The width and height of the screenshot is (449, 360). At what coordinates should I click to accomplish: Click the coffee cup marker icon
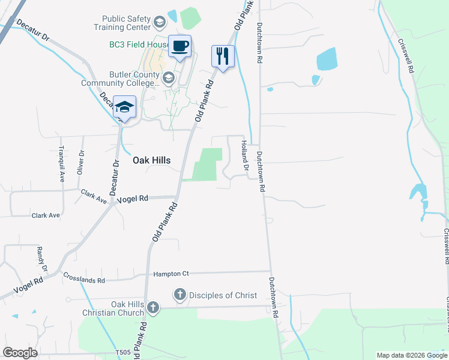point(180,46)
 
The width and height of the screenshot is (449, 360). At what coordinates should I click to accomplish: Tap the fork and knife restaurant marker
point(223,56)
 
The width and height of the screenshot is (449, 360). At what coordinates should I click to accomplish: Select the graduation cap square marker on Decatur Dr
point(124,107)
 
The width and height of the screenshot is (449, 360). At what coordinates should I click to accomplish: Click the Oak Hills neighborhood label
point(151,160)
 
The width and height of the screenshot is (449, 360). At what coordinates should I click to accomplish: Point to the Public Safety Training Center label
point(122,23)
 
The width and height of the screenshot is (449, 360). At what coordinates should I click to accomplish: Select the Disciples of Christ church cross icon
point(179,295)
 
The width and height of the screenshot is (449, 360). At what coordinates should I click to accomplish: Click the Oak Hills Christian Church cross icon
point(153,308)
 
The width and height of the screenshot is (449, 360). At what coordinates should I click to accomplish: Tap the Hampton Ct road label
point(171,274)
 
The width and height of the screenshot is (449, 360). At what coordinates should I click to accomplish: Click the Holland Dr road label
point(244,154)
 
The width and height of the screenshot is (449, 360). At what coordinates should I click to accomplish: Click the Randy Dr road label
point(41,257)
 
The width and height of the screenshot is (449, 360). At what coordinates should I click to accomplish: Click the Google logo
point(20,353)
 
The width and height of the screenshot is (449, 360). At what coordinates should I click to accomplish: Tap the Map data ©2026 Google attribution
point(411,355)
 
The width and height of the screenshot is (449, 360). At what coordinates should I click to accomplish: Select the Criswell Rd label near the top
point(406,57)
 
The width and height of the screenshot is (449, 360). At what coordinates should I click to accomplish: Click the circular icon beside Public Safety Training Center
point(159,23)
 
